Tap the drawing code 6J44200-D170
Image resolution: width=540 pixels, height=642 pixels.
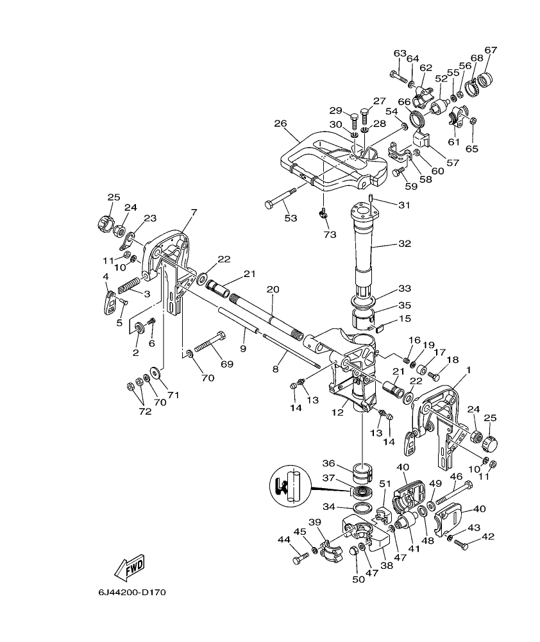coord(132,592)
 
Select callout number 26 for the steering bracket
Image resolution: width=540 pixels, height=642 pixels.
coord(280,124)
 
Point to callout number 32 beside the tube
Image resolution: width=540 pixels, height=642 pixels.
coord(404,244)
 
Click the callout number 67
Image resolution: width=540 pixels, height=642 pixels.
coord(491,50)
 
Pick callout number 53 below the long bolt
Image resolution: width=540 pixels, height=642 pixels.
coord(291,219)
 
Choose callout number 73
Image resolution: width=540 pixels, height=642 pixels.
coord(330,235)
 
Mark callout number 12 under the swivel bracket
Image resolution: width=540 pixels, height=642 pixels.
coord(338,413)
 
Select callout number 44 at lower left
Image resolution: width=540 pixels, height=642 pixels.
coord(284,539)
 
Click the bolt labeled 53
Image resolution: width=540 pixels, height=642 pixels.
coord(282,198)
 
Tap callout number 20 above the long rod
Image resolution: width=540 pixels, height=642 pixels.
coord(273,290)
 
